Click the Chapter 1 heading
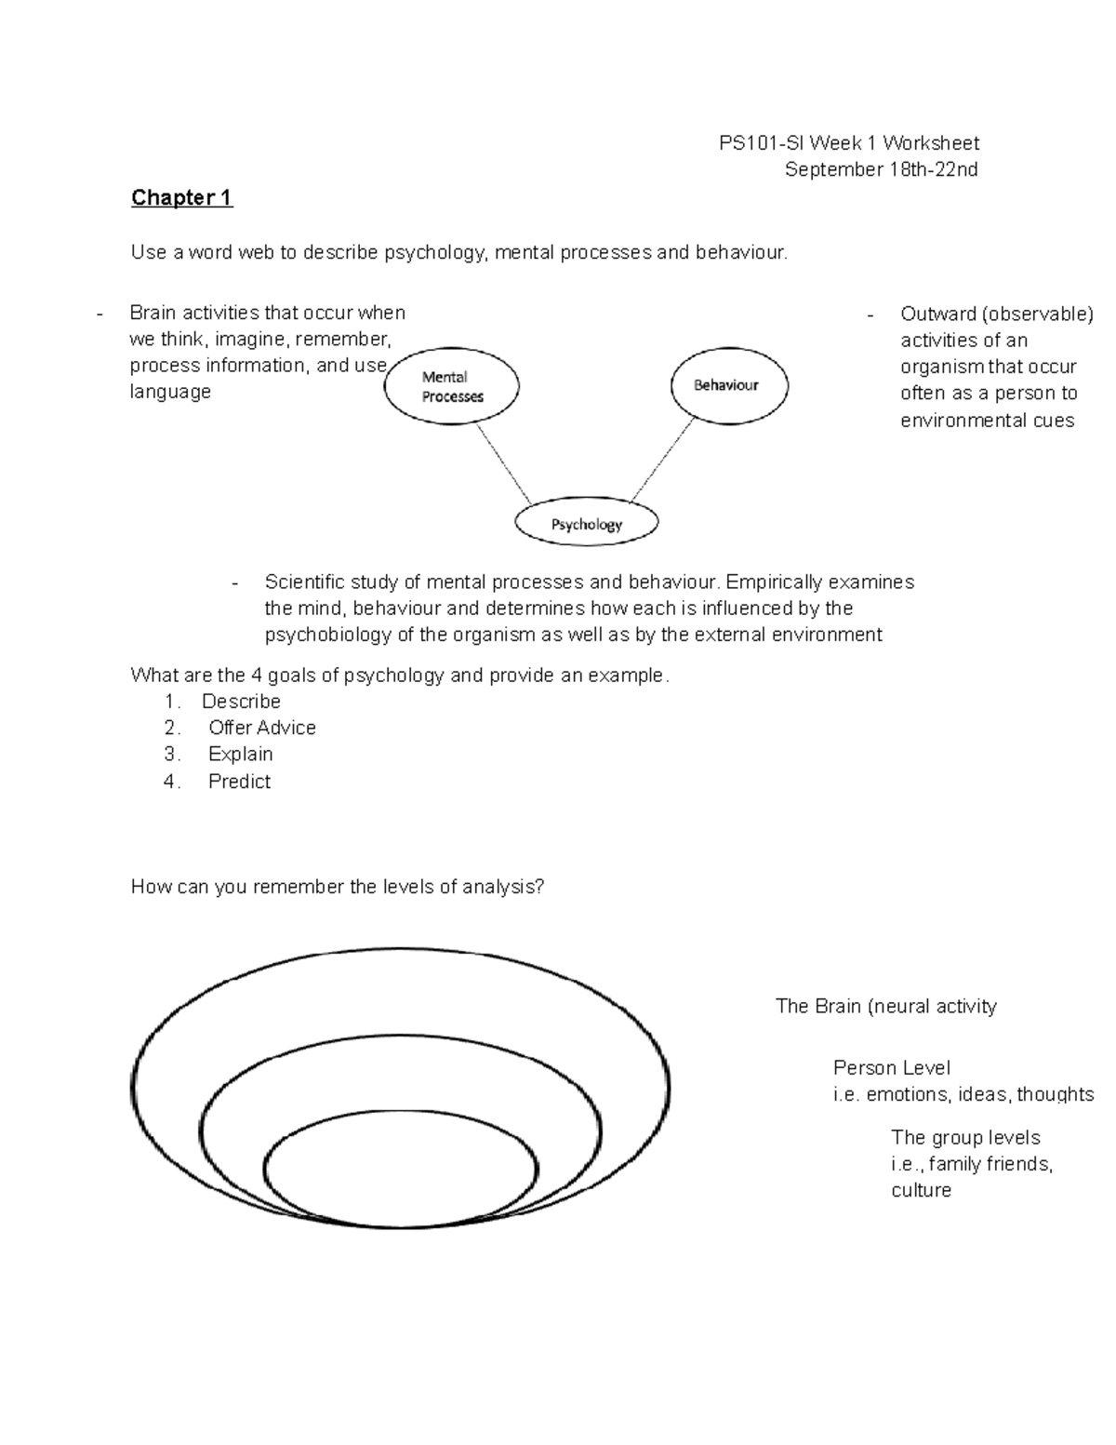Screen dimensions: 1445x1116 (x=181, y=197)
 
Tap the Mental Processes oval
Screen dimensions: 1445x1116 (x=452, y=387)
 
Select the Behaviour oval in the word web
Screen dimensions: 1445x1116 (x=728, y=385)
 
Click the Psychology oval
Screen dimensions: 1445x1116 (x=586, y=524)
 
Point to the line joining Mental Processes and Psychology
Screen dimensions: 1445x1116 (x=503, y=464)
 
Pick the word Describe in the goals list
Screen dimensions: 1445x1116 (x=241, y=702)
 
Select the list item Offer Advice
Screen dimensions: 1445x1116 (x=261, y=728)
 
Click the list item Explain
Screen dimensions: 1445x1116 (x=240, y=755)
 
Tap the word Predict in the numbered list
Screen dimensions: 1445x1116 (x=239, y=782)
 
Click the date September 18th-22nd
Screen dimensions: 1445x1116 (x=881, y=169)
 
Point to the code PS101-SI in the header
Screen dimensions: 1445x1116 (x=763, y=143)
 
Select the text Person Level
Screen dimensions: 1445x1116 (x=891, y=1068)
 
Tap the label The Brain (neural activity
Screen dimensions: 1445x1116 (x=885, y=1007)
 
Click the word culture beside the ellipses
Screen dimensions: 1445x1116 (x=921, y=1191)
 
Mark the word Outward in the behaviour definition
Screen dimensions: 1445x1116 (x=938, y=314)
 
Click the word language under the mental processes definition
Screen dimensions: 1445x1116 (x=170, y=392)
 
